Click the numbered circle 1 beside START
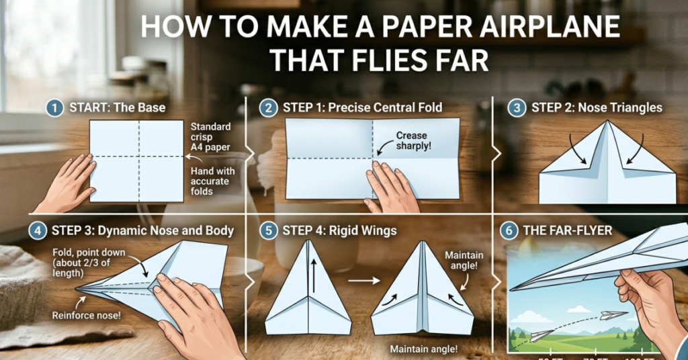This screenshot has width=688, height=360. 56,107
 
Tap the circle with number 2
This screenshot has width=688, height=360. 269,107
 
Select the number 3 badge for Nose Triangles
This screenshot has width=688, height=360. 516,107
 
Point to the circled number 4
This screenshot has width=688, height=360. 38,231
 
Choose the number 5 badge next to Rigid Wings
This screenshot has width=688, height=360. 269,231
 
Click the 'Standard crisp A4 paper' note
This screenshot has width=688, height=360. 212,137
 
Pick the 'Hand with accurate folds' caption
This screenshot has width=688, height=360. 210,181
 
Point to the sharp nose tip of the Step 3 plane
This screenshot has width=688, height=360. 77,290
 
